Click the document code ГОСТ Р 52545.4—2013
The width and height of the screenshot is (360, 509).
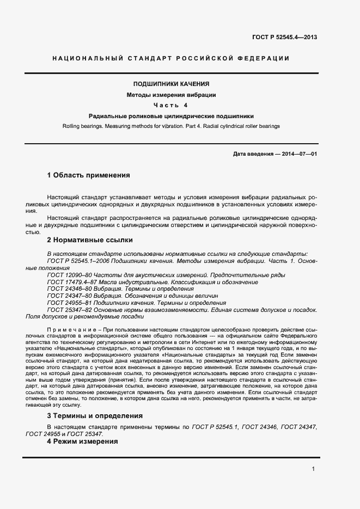[x=284, y=38]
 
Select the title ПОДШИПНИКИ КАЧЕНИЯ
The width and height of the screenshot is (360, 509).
[x=172, y=84]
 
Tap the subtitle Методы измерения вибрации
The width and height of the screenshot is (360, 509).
[x=172, y=95]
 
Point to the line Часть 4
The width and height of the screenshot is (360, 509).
[x=170, y=105]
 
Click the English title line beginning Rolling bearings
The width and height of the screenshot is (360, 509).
[x=172, y=126]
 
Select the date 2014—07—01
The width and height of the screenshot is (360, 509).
[x=300, y=154]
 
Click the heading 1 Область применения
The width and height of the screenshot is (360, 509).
[x=89, y=175]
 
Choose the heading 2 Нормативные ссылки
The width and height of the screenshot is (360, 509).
[x=90, y=240]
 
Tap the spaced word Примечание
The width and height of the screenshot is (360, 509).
[x=71, y=330]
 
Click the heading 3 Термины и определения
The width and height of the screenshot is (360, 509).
[x=95, y=415]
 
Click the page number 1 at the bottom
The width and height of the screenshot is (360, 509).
[x=313, y=469]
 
